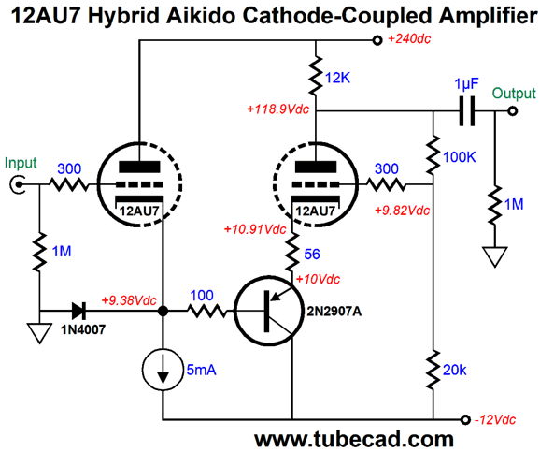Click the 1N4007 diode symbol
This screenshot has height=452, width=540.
[x=78, y=311]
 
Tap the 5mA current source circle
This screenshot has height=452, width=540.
[x=163, y=370]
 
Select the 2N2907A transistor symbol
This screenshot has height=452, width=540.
[x=269, y=312]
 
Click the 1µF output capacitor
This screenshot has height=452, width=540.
[x=467, y=110]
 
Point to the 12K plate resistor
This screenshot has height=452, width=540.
[x=316, y=76]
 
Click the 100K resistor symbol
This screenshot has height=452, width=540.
[x=433, y=155]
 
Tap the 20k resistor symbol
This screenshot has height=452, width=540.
[x=433, y=370]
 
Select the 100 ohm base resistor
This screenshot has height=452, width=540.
[x=207, y=311]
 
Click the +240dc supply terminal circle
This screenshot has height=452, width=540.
[x=377, y=40]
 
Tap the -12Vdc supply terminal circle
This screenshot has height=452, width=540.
[x=465, y=419]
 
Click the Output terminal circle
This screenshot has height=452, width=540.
[x=513, y=110]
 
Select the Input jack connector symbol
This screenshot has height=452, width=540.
[x=17, y=184]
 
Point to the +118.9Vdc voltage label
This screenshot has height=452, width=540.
[x=277, y=109]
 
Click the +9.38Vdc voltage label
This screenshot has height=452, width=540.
[x=129, y=300]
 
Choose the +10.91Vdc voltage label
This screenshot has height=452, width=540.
[x=255, y=229]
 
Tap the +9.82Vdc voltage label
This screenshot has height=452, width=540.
[x=402, y=211]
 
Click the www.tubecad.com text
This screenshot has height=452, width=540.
[x=354, y=439]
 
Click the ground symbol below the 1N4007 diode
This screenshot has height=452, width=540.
[x=40, y=333]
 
